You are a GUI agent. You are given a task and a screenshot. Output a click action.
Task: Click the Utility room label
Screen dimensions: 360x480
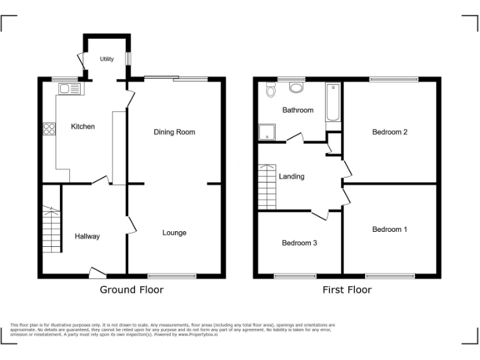tap(107, 59)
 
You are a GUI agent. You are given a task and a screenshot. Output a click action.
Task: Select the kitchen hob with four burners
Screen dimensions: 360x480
tap(49, 130)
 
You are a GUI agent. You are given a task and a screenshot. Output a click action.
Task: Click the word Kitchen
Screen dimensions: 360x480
tap(82, 127)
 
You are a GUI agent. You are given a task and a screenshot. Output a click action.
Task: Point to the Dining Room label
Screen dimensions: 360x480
tap(174, 132)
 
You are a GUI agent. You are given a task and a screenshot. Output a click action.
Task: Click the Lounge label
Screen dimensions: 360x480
tap(174, 233)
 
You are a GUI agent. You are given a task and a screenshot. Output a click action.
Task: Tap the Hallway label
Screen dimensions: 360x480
tap(87, 236)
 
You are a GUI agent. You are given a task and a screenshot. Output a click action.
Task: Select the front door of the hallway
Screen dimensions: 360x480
tap(97, 272)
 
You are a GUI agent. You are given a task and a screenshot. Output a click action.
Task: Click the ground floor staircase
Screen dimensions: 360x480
tap(51, 229)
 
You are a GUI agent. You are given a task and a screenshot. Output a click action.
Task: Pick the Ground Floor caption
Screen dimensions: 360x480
tap(132, 290)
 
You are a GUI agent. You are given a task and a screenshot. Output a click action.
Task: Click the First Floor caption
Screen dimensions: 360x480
tap(347, 290)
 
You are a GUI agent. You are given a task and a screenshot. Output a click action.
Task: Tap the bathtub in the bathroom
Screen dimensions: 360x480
tap(332, 102)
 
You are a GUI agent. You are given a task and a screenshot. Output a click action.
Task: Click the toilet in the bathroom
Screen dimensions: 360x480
tap(271, 91)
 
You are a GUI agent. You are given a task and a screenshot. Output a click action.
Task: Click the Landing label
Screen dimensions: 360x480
tap(291, 176)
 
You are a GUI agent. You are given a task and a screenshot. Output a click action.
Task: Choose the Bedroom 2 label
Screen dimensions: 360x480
tap(389, 132)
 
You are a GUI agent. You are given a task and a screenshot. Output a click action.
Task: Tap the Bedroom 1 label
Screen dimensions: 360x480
tap(389, 229)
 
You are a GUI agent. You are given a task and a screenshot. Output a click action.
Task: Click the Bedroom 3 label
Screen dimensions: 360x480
tap(299, 242)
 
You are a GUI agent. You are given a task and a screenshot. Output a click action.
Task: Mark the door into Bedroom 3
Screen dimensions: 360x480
tap(320, 215)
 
